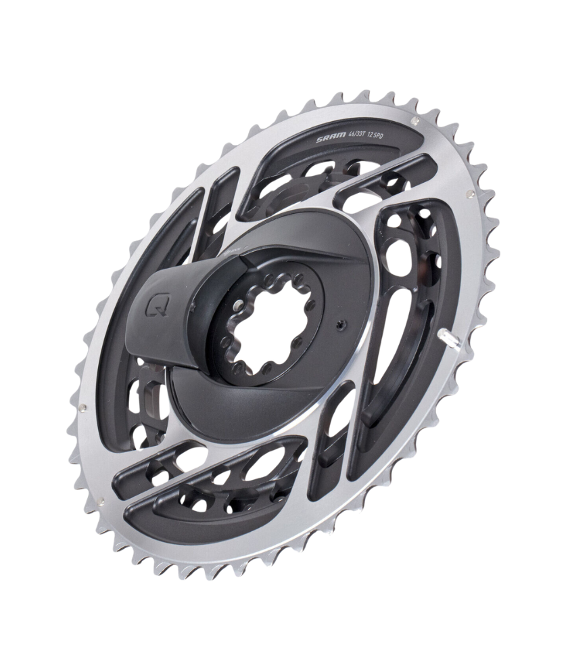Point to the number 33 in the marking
click(x=366, y=134)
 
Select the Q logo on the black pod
click(x=154, y=306)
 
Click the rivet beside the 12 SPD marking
click(x=416, y=120)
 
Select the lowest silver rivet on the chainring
click(x=101, y=501)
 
